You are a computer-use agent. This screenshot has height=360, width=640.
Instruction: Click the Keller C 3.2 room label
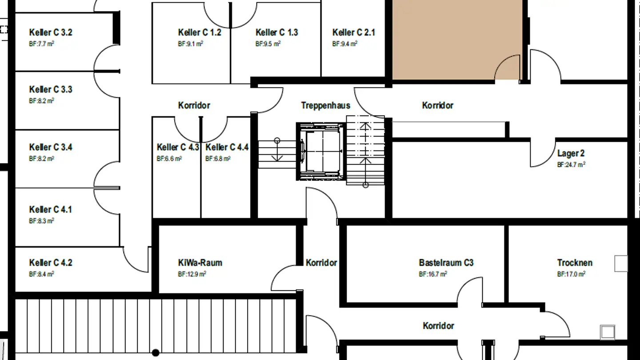51,32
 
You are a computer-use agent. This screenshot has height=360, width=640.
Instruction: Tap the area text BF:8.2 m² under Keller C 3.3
42,101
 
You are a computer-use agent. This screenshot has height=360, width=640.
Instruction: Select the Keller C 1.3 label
276,32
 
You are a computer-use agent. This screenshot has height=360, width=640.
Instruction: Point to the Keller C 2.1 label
353,32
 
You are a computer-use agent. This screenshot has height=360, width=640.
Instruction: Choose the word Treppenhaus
325,106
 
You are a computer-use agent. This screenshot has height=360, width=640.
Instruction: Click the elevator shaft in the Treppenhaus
320,152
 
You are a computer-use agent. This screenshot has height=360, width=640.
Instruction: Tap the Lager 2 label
571,154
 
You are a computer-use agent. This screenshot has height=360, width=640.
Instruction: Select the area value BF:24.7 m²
571,164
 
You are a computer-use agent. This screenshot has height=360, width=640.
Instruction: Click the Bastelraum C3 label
446,263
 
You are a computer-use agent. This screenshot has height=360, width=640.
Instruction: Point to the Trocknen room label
575,263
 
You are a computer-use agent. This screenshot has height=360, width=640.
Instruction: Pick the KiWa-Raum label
200,263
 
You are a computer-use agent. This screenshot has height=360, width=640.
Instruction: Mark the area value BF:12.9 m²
192,274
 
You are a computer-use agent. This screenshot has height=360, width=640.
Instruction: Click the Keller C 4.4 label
227,147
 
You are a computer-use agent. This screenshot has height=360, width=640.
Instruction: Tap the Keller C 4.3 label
178,147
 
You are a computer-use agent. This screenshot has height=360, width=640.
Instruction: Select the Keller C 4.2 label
51,263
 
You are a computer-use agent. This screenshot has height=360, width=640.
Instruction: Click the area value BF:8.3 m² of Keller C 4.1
42,220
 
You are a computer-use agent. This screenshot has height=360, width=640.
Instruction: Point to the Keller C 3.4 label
51,147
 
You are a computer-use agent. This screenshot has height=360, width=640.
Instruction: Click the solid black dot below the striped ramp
156,353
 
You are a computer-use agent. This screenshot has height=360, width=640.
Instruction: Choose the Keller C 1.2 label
199,32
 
